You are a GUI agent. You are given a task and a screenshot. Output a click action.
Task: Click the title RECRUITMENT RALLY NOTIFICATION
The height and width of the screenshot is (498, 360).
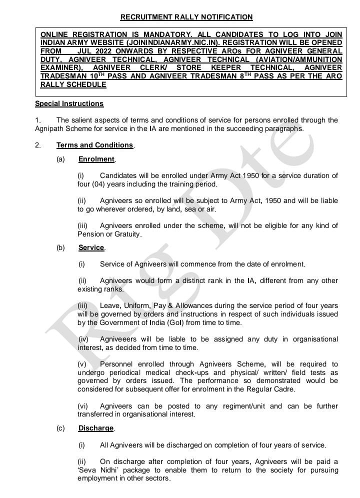click(x=186, y=17)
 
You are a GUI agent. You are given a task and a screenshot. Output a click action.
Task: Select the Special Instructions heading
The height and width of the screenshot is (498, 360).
click(x=69, y=103)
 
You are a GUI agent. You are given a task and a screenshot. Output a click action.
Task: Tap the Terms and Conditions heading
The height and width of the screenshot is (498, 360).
click(x=95, y=145)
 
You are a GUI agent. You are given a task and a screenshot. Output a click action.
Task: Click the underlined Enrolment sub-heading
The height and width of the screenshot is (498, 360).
click(x=96, y=159)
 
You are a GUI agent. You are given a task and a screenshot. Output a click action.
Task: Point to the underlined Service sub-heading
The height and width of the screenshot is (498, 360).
click(x=91, y=247)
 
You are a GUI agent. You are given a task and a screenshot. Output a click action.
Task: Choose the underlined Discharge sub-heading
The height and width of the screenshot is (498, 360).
click(x=96, y=428)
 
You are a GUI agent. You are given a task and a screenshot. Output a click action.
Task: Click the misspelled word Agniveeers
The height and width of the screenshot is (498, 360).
click(x=120, y=339)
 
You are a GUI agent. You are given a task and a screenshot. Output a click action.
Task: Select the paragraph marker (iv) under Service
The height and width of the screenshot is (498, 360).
click(x=83, y=339)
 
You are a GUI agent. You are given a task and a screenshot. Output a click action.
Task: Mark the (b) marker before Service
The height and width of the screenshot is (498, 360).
click(x=60, y=247)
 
